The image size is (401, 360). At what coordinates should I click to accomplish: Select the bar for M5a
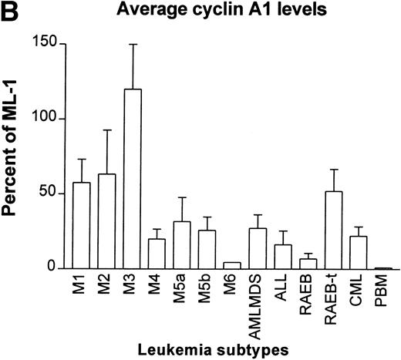pyautogui.click(x=182, y=246)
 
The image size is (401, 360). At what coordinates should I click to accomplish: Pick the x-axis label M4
pyautogui.click(x=157, y=286)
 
